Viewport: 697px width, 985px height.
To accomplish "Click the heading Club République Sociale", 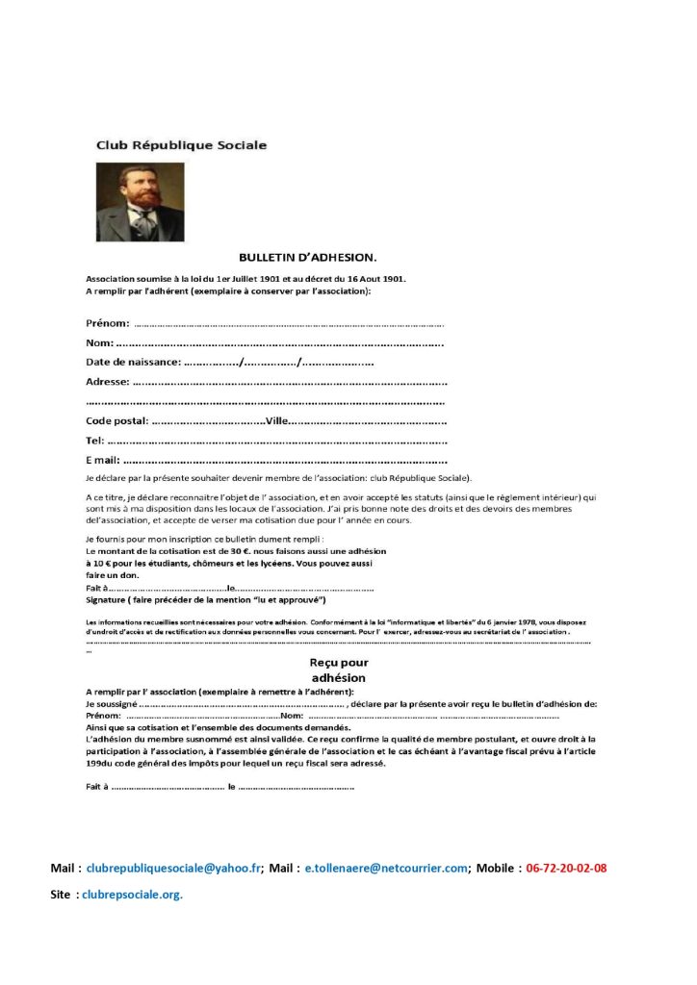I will [x=181, y=145].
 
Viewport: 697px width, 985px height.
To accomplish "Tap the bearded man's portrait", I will [x=141, y=202].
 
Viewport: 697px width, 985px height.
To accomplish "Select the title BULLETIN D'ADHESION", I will [x=308, y=257].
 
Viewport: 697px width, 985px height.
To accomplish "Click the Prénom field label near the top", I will [x=108, y=323].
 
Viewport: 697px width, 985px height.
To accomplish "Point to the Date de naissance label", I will [x=133, y=362].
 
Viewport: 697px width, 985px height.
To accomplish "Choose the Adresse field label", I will [x=107, y=382].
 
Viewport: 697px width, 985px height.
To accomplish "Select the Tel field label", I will [x=94, y=440].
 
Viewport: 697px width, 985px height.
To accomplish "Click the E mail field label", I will [x=102, y=460].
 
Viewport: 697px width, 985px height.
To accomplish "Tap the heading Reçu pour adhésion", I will [x=339, y=669].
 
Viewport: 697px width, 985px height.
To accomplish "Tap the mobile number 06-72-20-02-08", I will [x=566, y=868].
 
